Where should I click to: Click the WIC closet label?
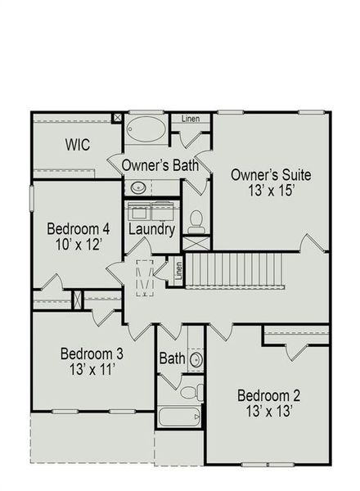[77, 145]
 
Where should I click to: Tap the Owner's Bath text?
[160, 165]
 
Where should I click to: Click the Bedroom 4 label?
[78, 228]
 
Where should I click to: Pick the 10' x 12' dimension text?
[78, 245]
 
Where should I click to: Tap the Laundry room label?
[152, 230]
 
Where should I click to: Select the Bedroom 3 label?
[92, 354]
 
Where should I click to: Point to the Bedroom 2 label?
[266, 397]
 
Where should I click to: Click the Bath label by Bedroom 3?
[172, 358]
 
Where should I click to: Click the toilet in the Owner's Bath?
[196, 219]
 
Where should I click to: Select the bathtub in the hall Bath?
[178, 417]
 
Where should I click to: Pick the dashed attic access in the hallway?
[145, 275]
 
